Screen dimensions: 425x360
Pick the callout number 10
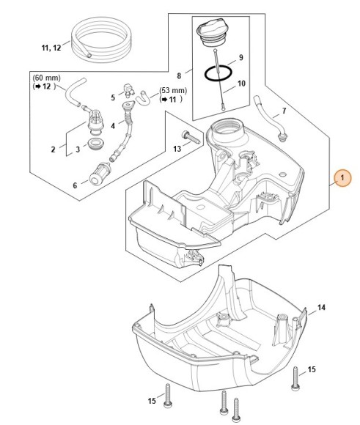tap(241, 84)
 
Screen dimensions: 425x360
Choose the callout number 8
tap(180, 74)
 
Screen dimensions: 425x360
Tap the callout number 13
tap(177, 149)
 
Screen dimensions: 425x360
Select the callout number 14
tap(322, 308)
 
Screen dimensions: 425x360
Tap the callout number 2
tap(53, 149)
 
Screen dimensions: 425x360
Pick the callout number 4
tap(112, 126)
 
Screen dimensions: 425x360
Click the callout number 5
tap(113, 97)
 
